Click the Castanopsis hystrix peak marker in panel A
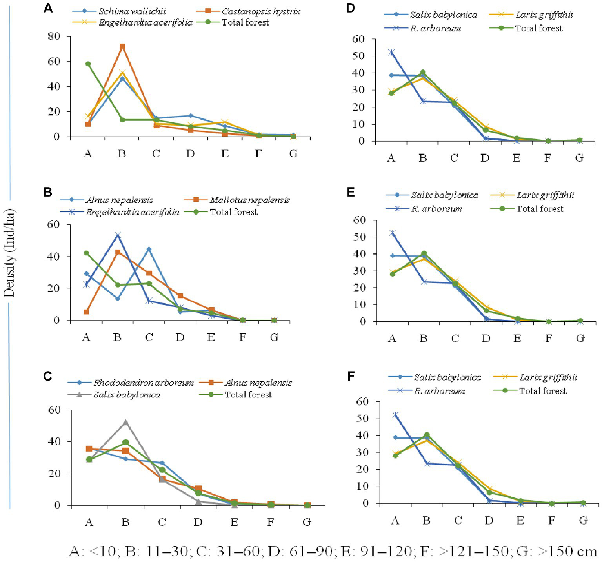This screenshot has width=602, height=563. [x=122, y=46]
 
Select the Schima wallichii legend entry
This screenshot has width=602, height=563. [x=132, y=11]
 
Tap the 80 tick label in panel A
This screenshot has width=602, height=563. [x=54, y=36]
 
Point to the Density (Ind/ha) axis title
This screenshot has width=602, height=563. [x=9, y=253]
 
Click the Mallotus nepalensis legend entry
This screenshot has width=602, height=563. [x=249, y=200]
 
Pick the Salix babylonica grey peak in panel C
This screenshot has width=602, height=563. [x=125, y=423]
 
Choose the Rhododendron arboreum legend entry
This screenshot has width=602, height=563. [x=143, y=383]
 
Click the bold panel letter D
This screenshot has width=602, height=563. [x=350, y=7]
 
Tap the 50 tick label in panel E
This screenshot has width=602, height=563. [x=359, y=237]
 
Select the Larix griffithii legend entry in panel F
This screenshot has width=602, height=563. [x=548, y=377]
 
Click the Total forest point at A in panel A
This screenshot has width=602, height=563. [x=88, y=64]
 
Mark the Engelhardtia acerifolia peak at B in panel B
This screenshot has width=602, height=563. [x=118, y=235]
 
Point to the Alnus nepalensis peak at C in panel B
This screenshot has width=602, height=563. [x=149, y=249]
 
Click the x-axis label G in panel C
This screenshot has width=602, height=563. [x=307, y=522]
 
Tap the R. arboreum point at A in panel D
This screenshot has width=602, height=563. [x=391, y=52]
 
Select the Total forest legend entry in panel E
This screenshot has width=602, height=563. [x=540, y=209]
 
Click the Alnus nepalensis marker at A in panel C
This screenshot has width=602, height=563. [x=89, y=448]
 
